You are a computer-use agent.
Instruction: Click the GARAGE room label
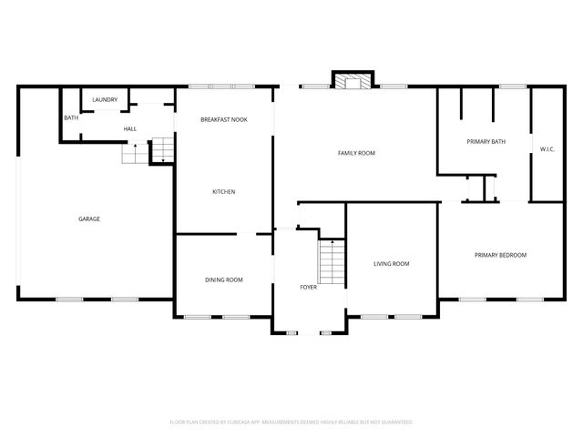[88, 218]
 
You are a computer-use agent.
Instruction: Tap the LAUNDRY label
[105, 99]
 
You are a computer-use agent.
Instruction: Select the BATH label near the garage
[70, 118]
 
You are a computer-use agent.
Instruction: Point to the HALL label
[130, 129]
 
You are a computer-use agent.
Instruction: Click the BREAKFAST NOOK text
[224, 120]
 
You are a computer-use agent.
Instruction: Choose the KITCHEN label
[224, 191]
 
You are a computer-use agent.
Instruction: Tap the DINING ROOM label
[223, 279]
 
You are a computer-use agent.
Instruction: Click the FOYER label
[309, 287]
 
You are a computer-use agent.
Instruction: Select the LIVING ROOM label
[392, 264]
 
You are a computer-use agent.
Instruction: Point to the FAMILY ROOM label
[356, 153]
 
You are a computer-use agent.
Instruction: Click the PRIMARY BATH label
[486, 141]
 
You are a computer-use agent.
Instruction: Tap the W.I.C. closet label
[547, 148]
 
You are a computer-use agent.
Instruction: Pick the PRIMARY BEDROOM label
[500, 255]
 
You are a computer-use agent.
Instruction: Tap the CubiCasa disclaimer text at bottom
[291, 422]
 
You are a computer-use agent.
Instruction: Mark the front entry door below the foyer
[310, 334]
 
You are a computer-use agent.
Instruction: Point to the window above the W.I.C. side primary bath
[512, 86]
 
